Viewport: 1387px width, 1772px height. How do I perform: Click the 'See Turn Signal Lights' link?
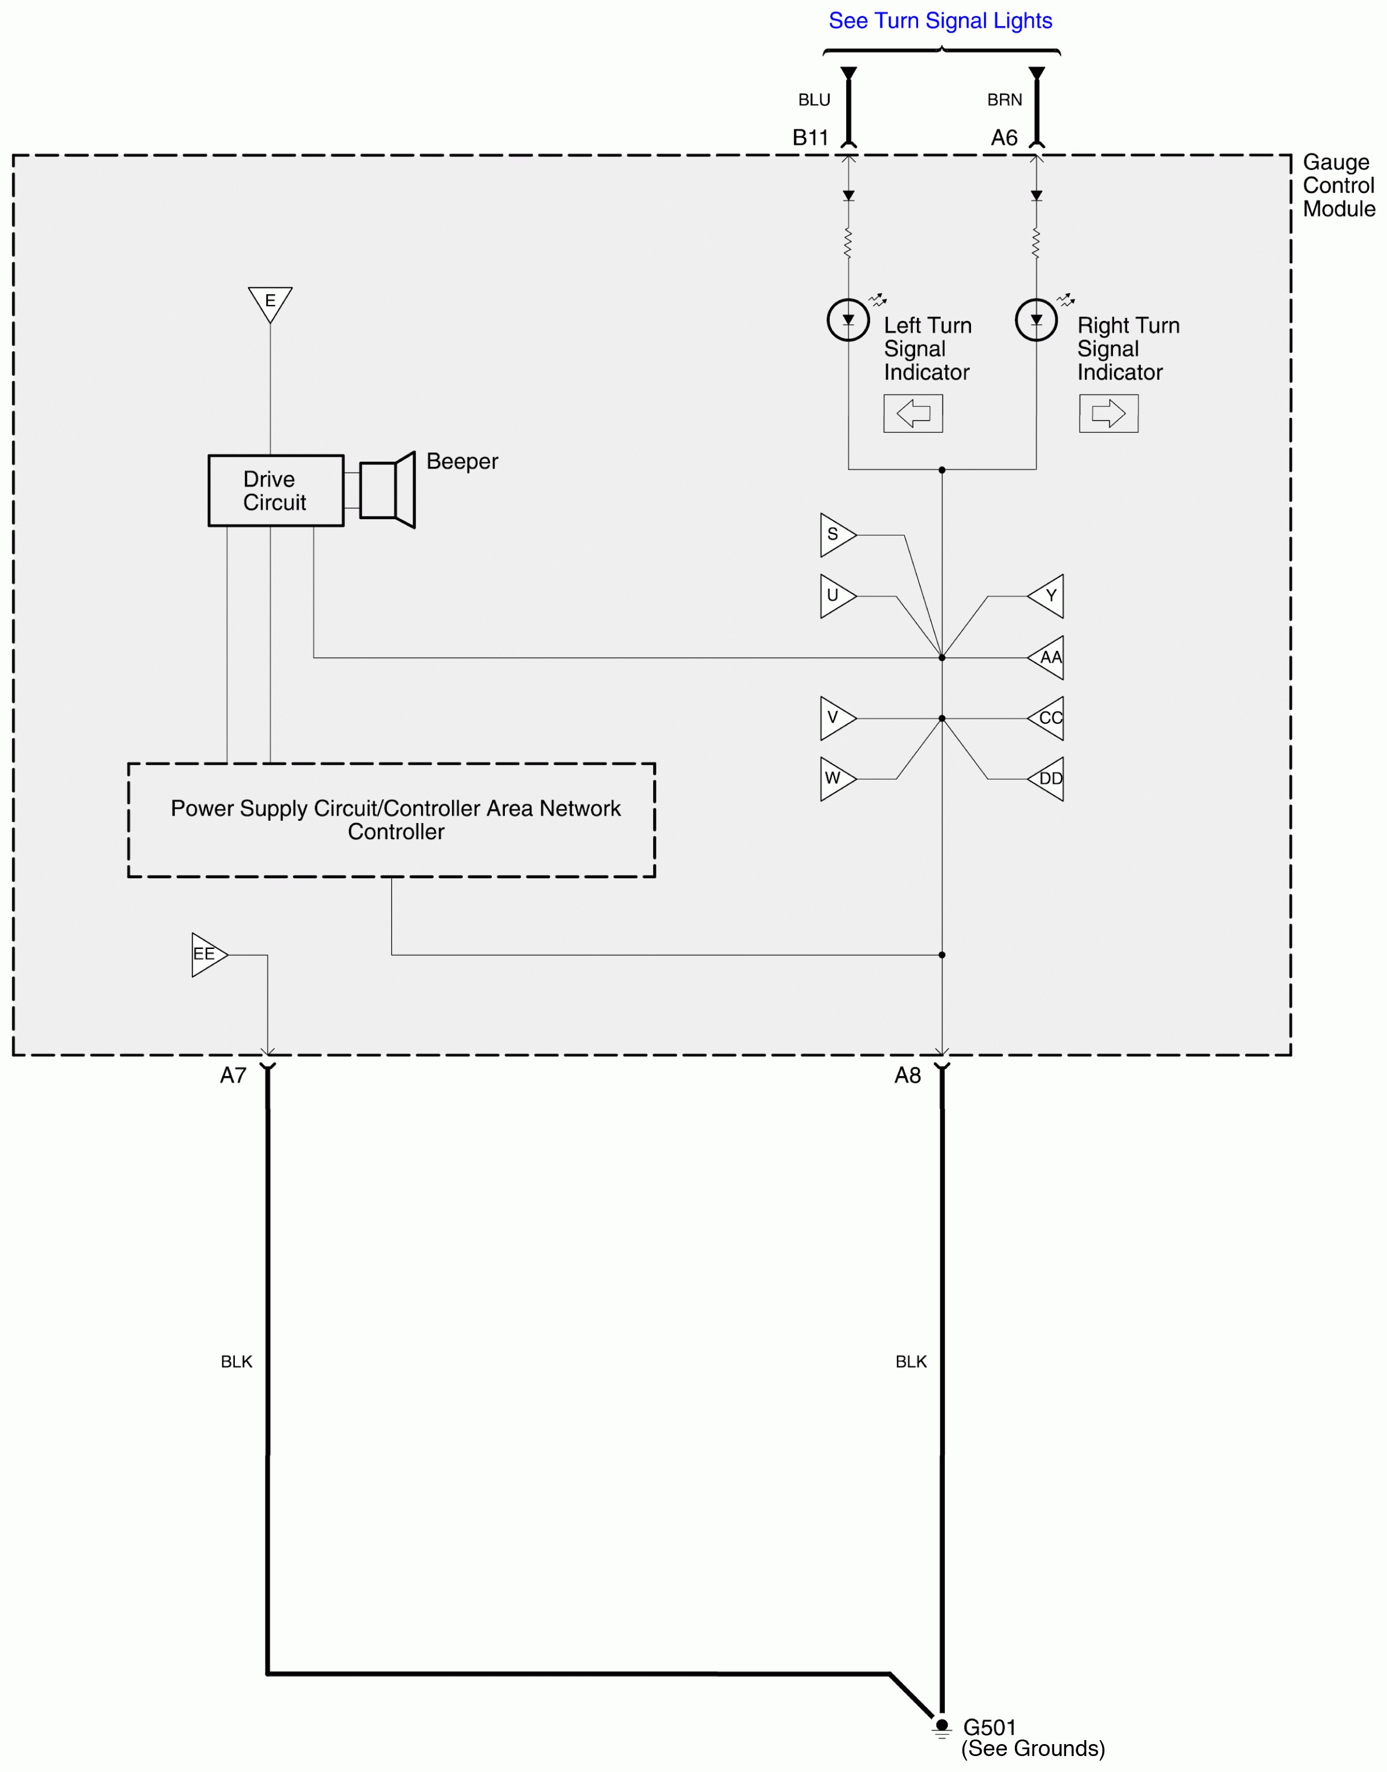[940, 21]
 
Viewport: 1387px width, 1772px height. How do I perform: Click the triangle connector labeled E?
[270, 302]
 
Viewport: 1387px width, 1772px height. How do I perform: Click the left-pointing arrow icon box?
[913, 413]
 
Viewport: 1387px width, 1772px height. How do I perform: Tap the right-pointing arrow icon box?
[1108, 413]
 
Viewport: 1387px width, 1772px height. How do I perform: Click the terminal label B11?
[810, 138]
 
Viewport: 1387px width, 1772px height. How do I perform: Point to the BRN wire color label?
[1005, 100]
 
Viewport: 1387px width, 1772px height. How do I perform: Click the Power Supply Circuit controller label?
[395, 820]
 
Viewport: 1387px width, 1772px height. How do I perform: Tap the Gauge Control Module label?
[1338, 186]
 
